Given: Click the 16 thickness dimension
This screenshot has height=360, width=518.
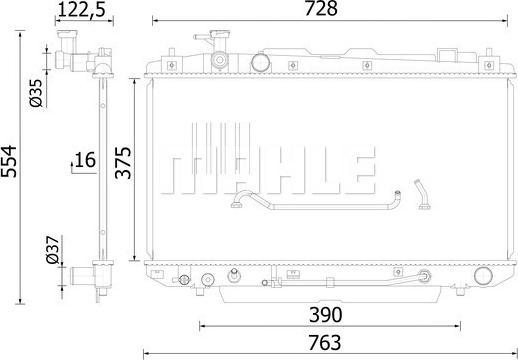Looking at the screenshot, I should tap(83, 160).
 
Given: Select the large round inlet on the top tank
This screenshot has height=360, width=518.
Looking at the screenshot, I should tap(260, 63).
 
